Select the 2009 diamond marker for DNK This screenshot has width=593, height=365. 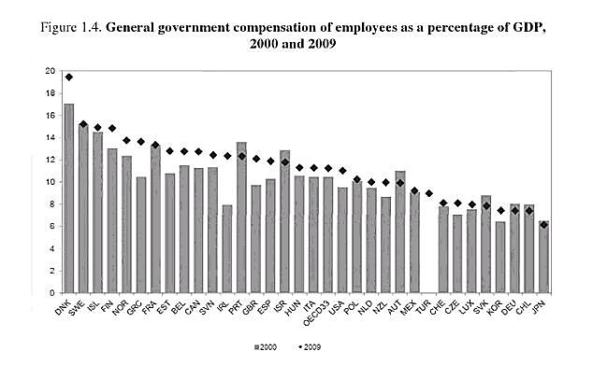[68, 77]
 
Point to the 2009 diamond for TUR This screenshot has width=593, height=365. [429, 193]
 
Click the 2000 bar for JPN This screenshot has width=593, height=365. [545, 257]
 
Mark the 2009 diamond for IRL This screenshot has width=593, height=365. [227, 156]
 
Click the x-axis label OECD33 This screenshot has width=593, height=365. [321, 313]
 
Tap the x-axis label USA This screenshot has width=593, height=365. [340, 308]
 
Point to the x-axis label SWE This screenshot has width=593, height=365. [80, 309]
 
